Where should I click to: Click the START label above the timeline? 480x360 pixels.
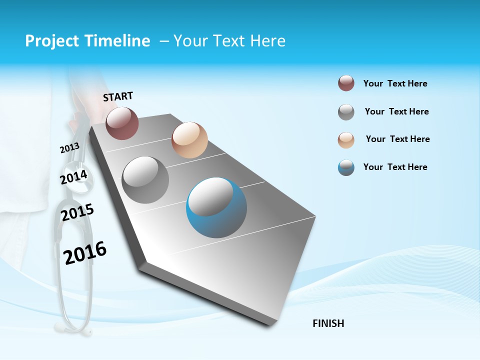pos(118,96)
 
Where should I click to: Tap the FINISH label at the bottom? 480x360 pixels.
pos(328,323)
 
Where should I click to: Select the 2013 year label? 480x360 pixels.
pos(69,148)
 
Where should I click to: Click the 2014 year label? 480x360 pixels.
pos(74,177)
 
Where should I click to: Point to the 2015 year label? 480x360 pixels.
pos(77,212)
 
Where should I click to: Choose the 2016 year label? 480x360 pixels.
pos(85,253)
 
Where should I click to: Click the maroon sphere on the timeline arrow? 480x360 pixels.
pos(122,123)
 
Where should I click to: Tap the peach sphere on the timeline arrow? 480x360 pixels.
pos(189,140)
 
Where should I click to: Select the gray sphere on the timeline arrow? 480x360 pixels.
pos(145,180)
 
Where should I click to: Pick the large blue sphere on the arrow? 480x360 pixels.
pos(216,208)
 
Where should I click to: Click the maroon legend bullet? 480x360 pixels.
pos(346,83)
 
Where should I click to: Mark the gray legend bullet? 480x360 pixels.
pos(346,112)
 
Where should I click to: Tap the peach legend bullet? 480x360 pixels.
pos(346,140)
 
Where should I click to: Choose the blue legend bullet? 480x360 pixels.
pos(346,167)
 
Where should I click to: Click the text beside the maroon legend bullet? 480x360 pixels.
pos(395,83)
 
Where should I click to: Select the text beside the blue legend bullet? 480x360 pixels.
pos(395,167)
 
